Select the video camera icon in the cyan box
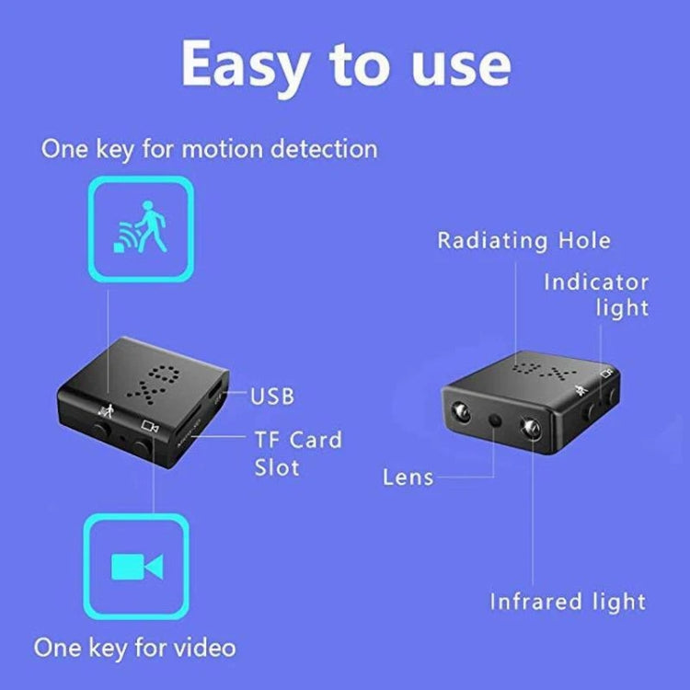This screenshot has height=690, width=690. point(136,566)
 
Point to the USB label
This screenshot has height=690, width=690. point(272,397)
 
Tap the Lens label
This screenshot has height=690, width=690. point(408,477)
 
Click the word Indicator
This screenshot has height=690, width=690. point(595,282)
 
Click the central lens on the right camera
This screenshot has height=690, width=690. point(495,420)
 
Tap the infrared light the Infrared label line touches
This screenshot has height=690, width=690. point(531,426)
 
